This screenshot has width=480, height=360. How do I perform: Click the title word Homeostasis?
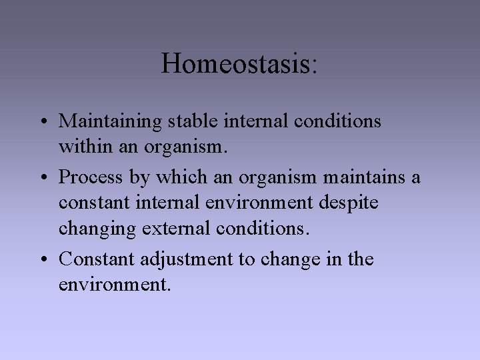(236, 63)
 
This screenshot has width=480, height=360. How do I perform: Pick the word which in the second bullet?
(175, 177)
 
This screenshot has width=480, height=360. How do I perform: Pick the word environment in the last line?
(115, 285)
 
